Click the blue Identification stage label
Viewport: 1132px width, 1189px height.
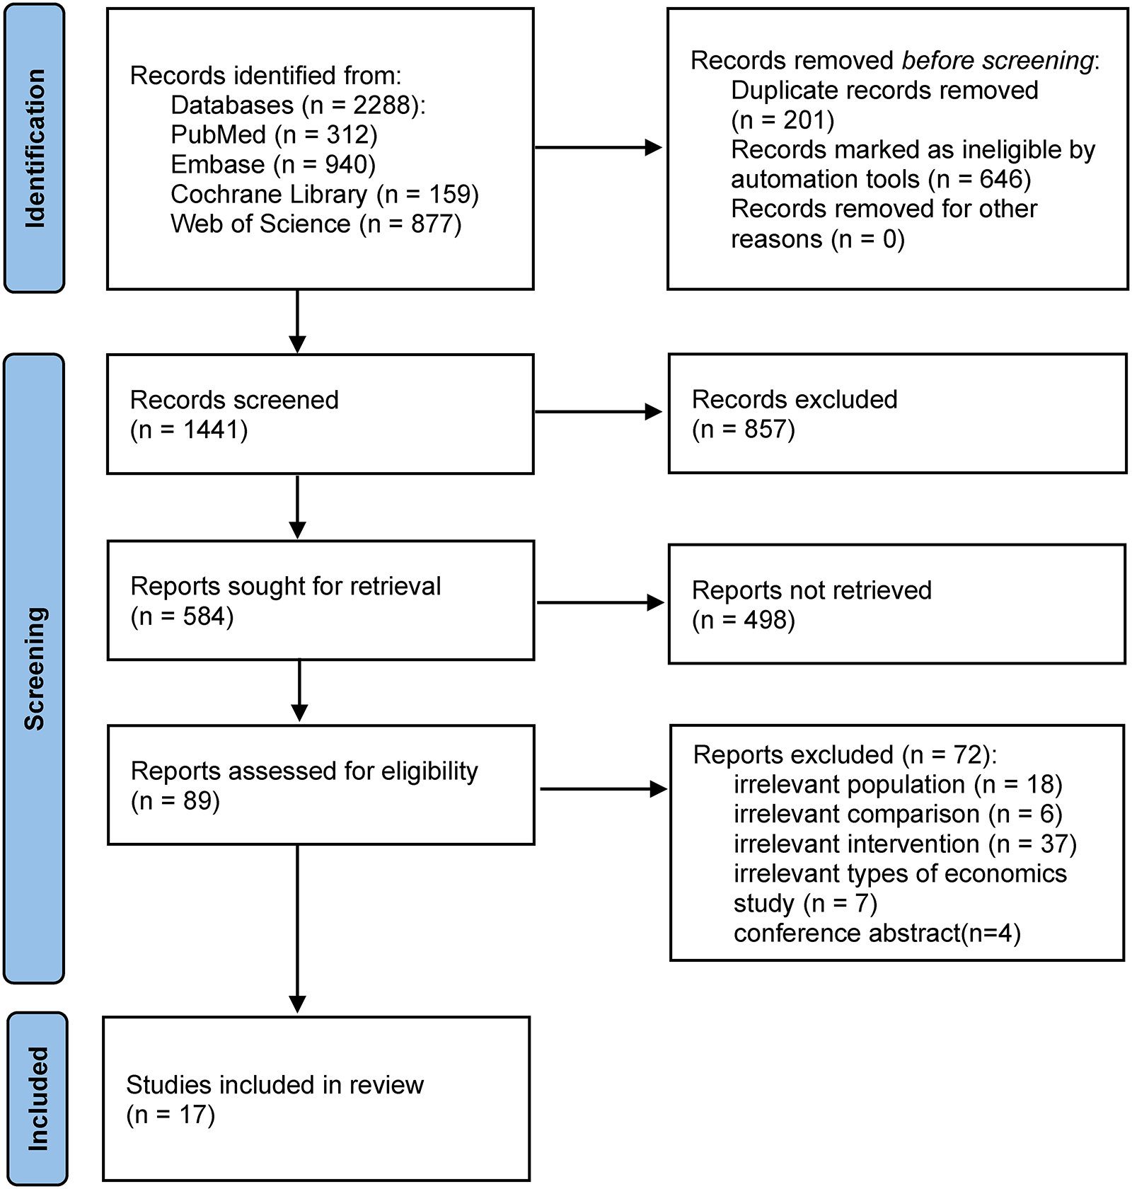click(34, 148)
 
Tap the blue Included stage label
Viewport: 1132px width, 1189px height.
click(37, 1098)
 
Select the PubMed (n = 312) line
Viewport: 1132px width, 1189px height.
click(274, 134)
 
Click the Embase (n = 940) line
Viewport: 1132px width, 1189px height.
click(273, 164)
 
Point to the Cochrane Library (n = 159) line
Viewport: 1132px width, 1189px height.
click(325, 194)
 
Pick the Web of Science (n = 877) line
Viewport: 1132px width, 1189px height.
click(316, 224)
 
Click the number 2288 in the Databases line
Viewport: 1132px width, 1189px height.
click(381, 105)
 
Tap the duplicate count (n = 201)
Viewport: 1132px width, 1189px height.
click(782, 120)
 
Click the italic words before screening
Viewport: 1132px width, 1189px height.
click(998, 61)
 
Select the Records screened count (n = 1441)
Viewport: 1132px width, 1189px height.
click(189, 430)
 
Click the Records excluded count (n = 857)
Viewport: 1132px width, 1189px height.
click(743, 429)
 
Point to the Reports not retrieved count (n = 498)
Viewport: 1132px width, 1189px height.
click(743, 620)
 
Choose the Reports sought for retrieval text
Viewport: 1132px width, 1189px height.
click(285, 586)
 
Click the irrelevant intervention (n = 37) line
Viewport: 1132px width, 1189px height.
click(904, 844)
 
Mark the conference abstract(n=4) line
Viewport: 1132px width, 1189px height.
click(877, 933)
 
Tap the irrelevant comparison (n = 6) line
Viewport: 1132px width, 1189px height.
click(897, 814)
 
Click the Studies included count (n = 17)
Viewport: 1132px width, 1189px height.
click(171, 1115)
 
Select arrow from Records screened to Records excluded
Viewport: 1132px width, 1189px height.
click(598, 412)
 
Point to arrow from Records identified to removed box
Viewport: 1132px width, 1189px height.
click(598, 148)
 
